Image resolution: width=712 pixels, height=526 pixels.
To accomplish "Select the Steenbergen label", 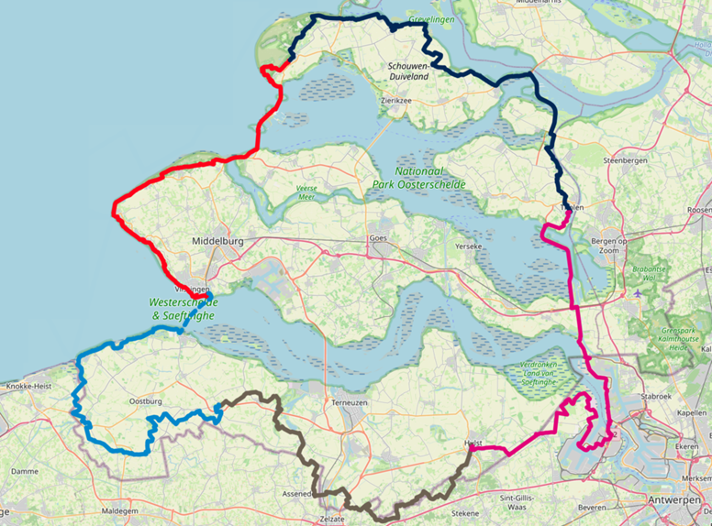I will tap(624, 160).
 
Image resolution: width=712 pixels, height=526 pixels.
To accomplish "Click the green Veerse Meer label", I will tap(306, 193).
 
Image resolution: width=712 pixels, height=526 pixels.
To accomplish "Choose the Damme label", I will tap(26, 471).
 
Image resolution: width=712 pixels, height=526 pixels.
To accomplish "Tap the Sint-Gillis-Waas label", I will tap(521, 500).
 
